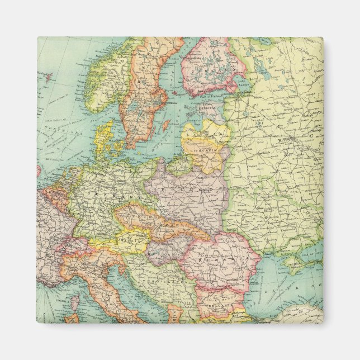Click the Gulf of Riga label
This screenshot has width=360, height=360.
(193, 120)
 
